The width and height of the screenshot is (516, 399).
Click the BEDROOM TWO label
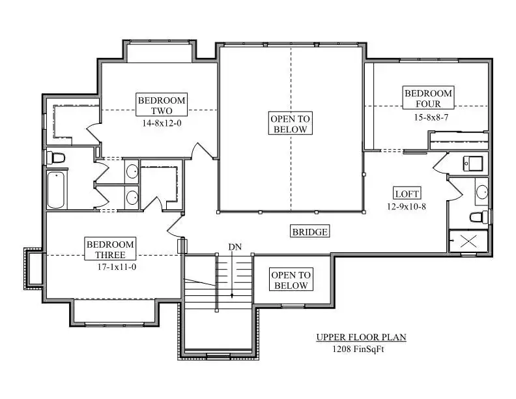[162, 105]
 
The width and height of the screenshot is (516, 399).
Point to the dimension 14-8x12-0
[162, 123]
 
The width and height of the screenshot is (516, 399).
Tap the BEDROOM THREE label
[110, 249]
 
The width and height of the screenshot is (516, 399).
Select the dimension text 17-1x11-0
[117, 267]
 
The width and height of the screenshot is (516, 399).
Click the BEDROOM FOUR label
[428, 98]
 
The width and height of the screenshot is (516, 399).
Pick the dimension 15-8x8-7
[431, 117]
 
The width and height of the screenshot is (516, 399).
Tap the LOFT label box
[407, 194]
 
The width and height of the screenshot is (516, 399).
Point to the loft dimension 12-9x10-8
[407, 207]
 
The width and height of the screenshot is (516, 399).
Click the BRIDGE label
[309, 231]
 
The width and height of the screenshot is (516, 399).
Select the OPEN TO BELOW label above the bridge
[291, 123]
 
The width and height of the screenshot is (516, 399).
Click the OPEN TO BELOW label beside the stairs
[291, 280]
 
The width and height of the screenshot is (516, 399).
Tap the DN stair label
[235, 247]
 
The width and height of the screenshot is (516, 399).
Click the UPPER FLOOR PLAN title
[362, 337]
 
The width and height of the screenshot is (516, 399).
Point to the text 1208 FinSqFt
[358, 349]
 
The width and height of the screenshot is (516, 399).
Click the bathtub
[56, 190]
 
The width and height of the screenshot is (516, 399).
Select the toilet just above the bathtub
[55, 158]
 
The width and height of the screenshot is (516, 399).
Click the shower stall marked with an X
[468, 241]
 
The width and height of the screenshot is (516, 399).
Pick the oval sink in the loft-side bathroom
[482, 192]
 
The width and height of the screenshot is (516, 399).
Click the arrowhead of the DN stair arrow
[232, 295]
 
